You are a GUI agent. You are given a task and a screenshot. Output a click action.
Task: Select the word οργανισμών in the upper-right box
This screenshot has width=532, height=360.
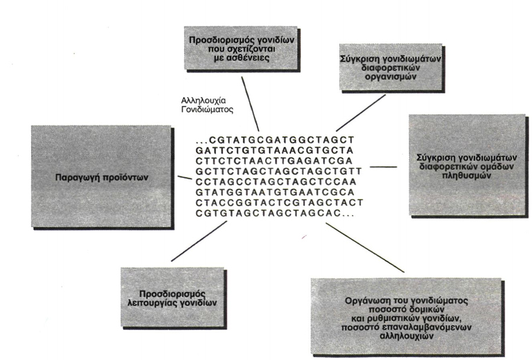(x=391, y=77)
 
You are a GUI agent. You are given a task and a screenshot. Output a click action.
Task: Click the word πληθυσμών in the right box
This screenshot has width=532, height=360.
(x=466, y=176)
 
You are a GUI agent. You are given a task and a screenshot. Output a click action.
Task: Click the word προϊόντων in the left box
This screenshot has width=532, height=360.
(x=125, y=178)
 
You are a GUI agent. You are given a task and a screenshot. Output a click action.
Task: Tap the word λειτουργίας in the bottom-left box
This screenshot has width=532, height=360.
(x=150, y=302)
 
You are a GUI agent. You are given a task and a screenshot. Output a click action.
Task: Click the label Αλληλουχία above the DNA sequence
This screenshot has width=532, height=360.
(x=204, y=101)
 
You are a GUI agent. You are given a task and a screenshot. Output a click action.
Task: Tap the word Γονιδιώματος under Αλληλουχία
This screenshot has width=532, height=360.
(x=207, y=110)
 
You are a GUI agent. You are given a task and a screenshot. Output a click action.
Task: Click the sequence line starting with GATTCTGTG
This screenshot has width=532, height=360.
(x=275, y=150)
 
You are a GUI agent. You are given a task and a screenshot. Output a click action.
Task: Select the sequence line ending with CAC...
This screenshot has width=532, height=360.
(x=275, y=213)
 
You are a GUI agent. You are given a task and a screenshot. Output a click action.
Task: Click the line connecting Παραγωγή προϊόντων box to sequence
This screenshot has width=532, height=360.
(x=184, y=177)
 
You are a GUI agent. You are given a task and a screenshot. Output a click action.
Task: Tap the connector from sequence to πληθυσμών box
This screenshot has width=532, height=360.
(x=383, y=167)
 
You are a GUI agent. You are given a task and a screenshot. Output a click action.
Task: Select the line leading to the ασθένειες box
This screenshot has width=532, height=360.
(x=250, y=103)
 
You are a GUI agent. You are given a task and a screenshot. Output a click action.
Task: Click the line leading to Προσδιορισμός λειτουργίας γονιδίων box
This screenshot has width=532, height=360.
(x=199, y=241)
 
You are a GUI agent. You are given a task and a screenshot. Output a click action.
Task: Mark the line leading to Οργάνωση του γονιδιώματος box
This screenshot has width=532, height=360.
(x=365, y=248)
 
